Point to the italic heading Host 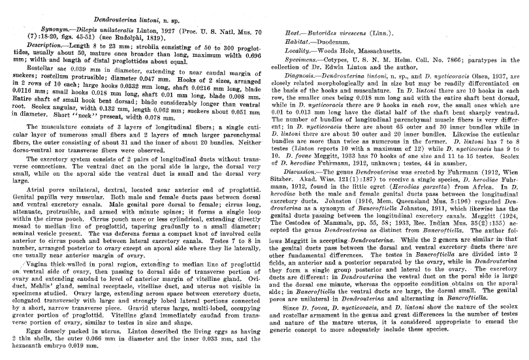point(299,31)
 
